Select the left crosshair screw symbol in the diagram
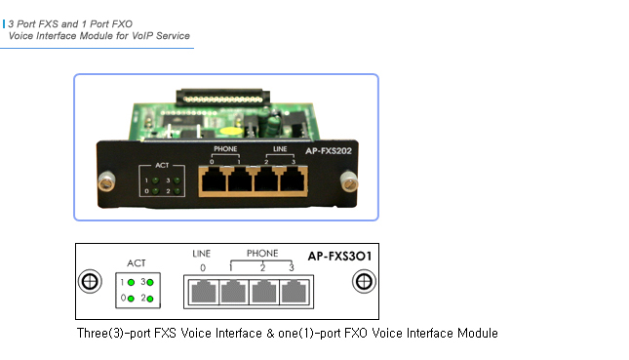pyautogui.click(x=89, y=282)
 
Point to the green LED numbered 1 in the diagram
pyautogui.click(x=131, y=281)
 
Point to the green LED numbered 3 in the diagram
pyautogui.click(x=151, y=281)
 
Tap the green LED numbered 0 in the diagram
pyautogui.click(x=131, y=298)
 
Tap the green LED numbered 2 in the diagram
pyautogui.click(x=151, y=298)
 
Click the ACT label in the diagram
pyautogui.click(x=137, y=263)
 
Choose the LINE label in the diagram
pyautogui.click(x=202, y=254)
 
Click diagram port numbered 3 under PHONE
pyautogui.click(x=292, y=293)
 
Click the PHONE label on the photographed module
pyautogui.click(x=226, y=148)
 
